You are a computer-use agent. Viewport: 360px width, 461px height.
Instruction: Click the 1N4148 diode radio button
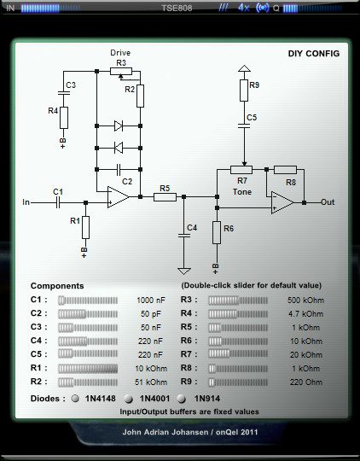pyautogui.click(x=76, y=399)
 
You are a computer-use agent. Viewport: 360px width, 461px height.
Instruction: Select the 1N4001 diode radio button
pyautogui.click(x=128, y=399)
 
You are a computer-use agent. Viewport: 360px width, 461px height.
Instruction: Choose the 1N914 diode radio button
pyautogui.click(x=182, y=399)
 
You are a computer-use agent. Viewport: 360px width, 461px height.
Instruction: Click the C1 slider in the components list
pyautogui.click(x=88, y=301)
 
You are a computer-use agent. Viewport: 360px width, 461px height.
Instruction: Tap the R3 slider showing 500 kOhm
pyautogui.click(x=238, y=301)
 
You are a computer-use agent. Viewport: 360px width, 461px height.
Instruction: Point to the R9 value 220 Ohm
pyautogui.click(x=306, y=382)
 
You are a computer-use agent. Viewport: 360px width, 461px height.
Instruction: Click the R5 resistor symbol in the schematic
pyautogui.click(x=165, y=197)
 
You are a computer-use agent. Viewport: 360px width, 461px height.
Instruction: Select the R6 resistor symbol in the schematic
pyautogui.click(x=217, y=232)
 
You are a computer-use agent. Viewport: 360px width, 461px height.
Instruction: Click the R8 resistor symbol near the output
pyautogui.click(x=285, y=170)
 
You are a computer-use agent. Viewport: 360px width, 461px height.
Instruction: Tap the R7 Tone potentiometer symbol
pyautogui.click(x=241, y=170)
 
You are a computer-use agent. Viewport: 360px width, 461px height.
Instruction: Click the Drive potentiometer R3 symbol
pyautogui.click(x=121, y=71)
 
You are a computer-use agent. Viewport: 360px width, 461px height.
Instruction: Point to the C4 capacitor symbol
pyautogui.click(x=184, y=236)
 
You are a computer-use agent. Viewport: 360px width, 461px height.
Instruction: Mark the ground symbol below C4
pyautogui.click(x=184, y=271)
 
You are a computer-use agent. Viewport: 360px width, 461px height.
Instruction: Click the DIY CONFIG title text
pyautogui.click(x=314, y=54)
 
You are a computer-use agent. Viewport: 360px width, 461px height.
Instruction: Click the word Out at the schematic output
pyautogui.click(x=328, y=202)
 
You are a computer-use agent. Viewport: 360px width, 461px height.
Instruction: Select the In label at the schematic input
pyautogui.click(x=26, y=202)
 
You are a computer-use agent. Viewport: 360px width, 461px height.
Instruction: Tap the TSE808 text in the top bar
pyautogui.click(x=177, y=8)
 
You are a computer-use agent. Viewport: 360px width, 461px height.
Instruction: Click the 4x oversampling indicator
pyautogui.click(x=244, y=8)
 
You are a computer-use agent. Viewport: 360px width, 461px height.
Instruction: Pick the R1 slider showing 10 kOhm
pyautogui.click(x=88, y=369)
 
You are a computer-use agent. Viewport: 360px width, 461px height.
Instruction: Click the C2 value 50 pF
pyautogui.click(x=151, y=314)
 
